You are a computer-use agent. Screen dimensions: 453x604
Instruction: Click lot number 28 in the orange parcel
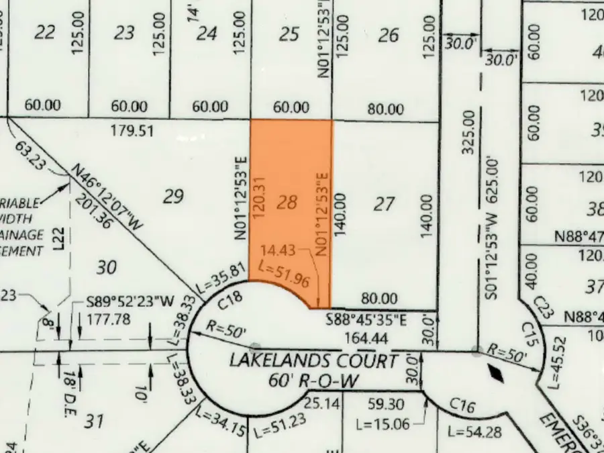[x=287, y=202]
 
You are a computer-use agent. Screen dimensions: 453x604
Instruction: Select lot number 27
[x=384, y=203]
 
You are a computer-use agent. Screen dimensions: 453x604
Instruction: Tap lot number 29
[x=173, y=196]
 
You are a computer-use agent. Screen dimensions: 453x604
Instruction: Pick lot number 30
[x=106, y=267]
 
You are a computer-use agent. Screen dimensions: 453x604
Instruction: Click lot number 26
[x=389, y=35]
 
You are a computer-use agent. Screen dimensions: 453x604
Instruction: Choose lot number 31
[x=95, y=421]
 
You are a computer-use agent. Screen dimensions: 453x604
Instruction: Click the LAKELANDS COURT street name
[x=313, y=360]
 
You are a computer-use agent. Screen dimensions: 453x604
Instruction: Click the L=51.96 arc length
[x=284, y=274]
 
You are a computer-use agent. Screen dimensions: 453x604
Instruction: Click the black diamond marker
[x=497, y=373]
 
